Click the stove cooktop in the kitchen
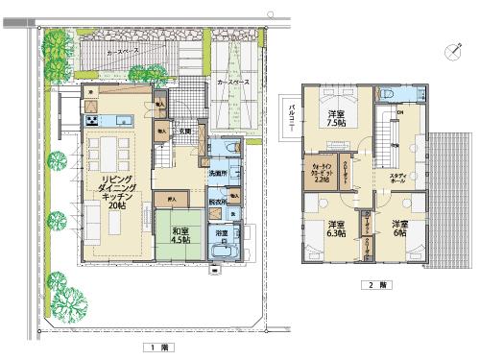(x=93, y=120)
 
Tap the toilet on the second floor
(x=388, y=94)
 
